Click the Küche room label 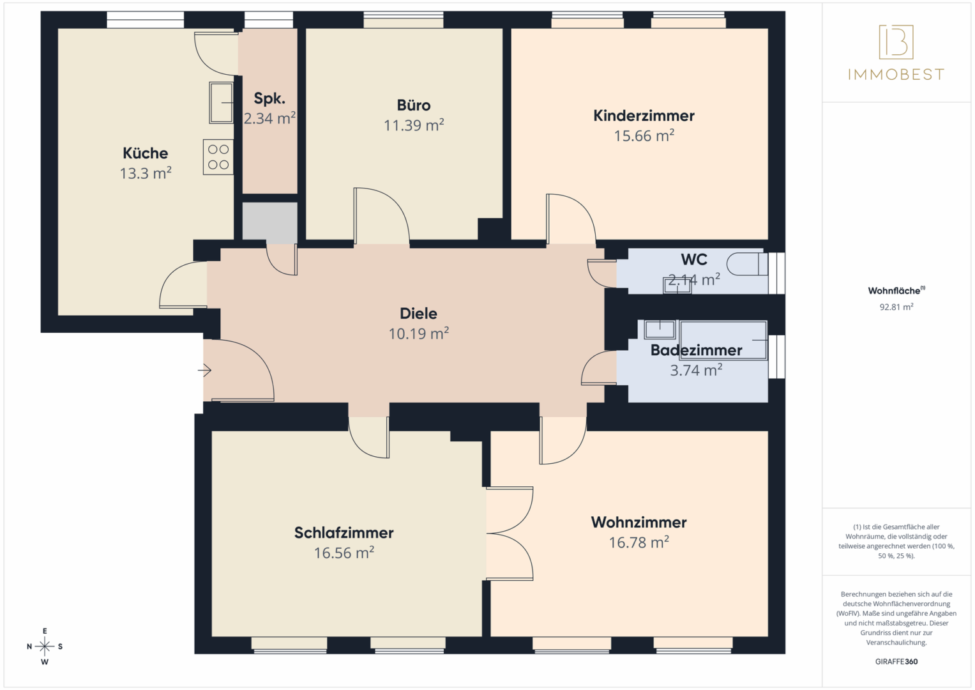click(x=146, y=153)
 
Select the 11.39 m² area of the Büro click(x=414, y=126)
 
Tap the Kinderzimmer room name click(x=644, y=116)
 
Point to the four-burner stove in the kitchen click(x=218, y=157)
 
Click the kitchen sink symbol click(x=222, y=102)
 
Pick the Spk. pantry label click(x=269, y=98)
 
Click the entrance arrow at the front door click(x=204, y=370)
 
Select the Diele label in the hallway click(x=418, y=314)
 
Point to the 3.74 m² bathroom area click(x=696, y=371)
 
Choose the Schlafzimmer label click(x=344, y=533)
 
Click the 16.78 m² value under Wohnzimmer click(x=639, y=543)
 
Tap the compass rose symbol click(x=45, y=647)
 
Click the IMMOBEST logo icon click(x=896, y=42)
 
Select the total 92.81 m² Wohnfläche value click(x=896, y=307)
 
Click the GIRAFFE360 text click(x=896, y=662)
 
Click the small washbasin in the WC click(x=677, y=286)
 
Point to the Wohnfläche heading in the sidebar click(x=895, y=291)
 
